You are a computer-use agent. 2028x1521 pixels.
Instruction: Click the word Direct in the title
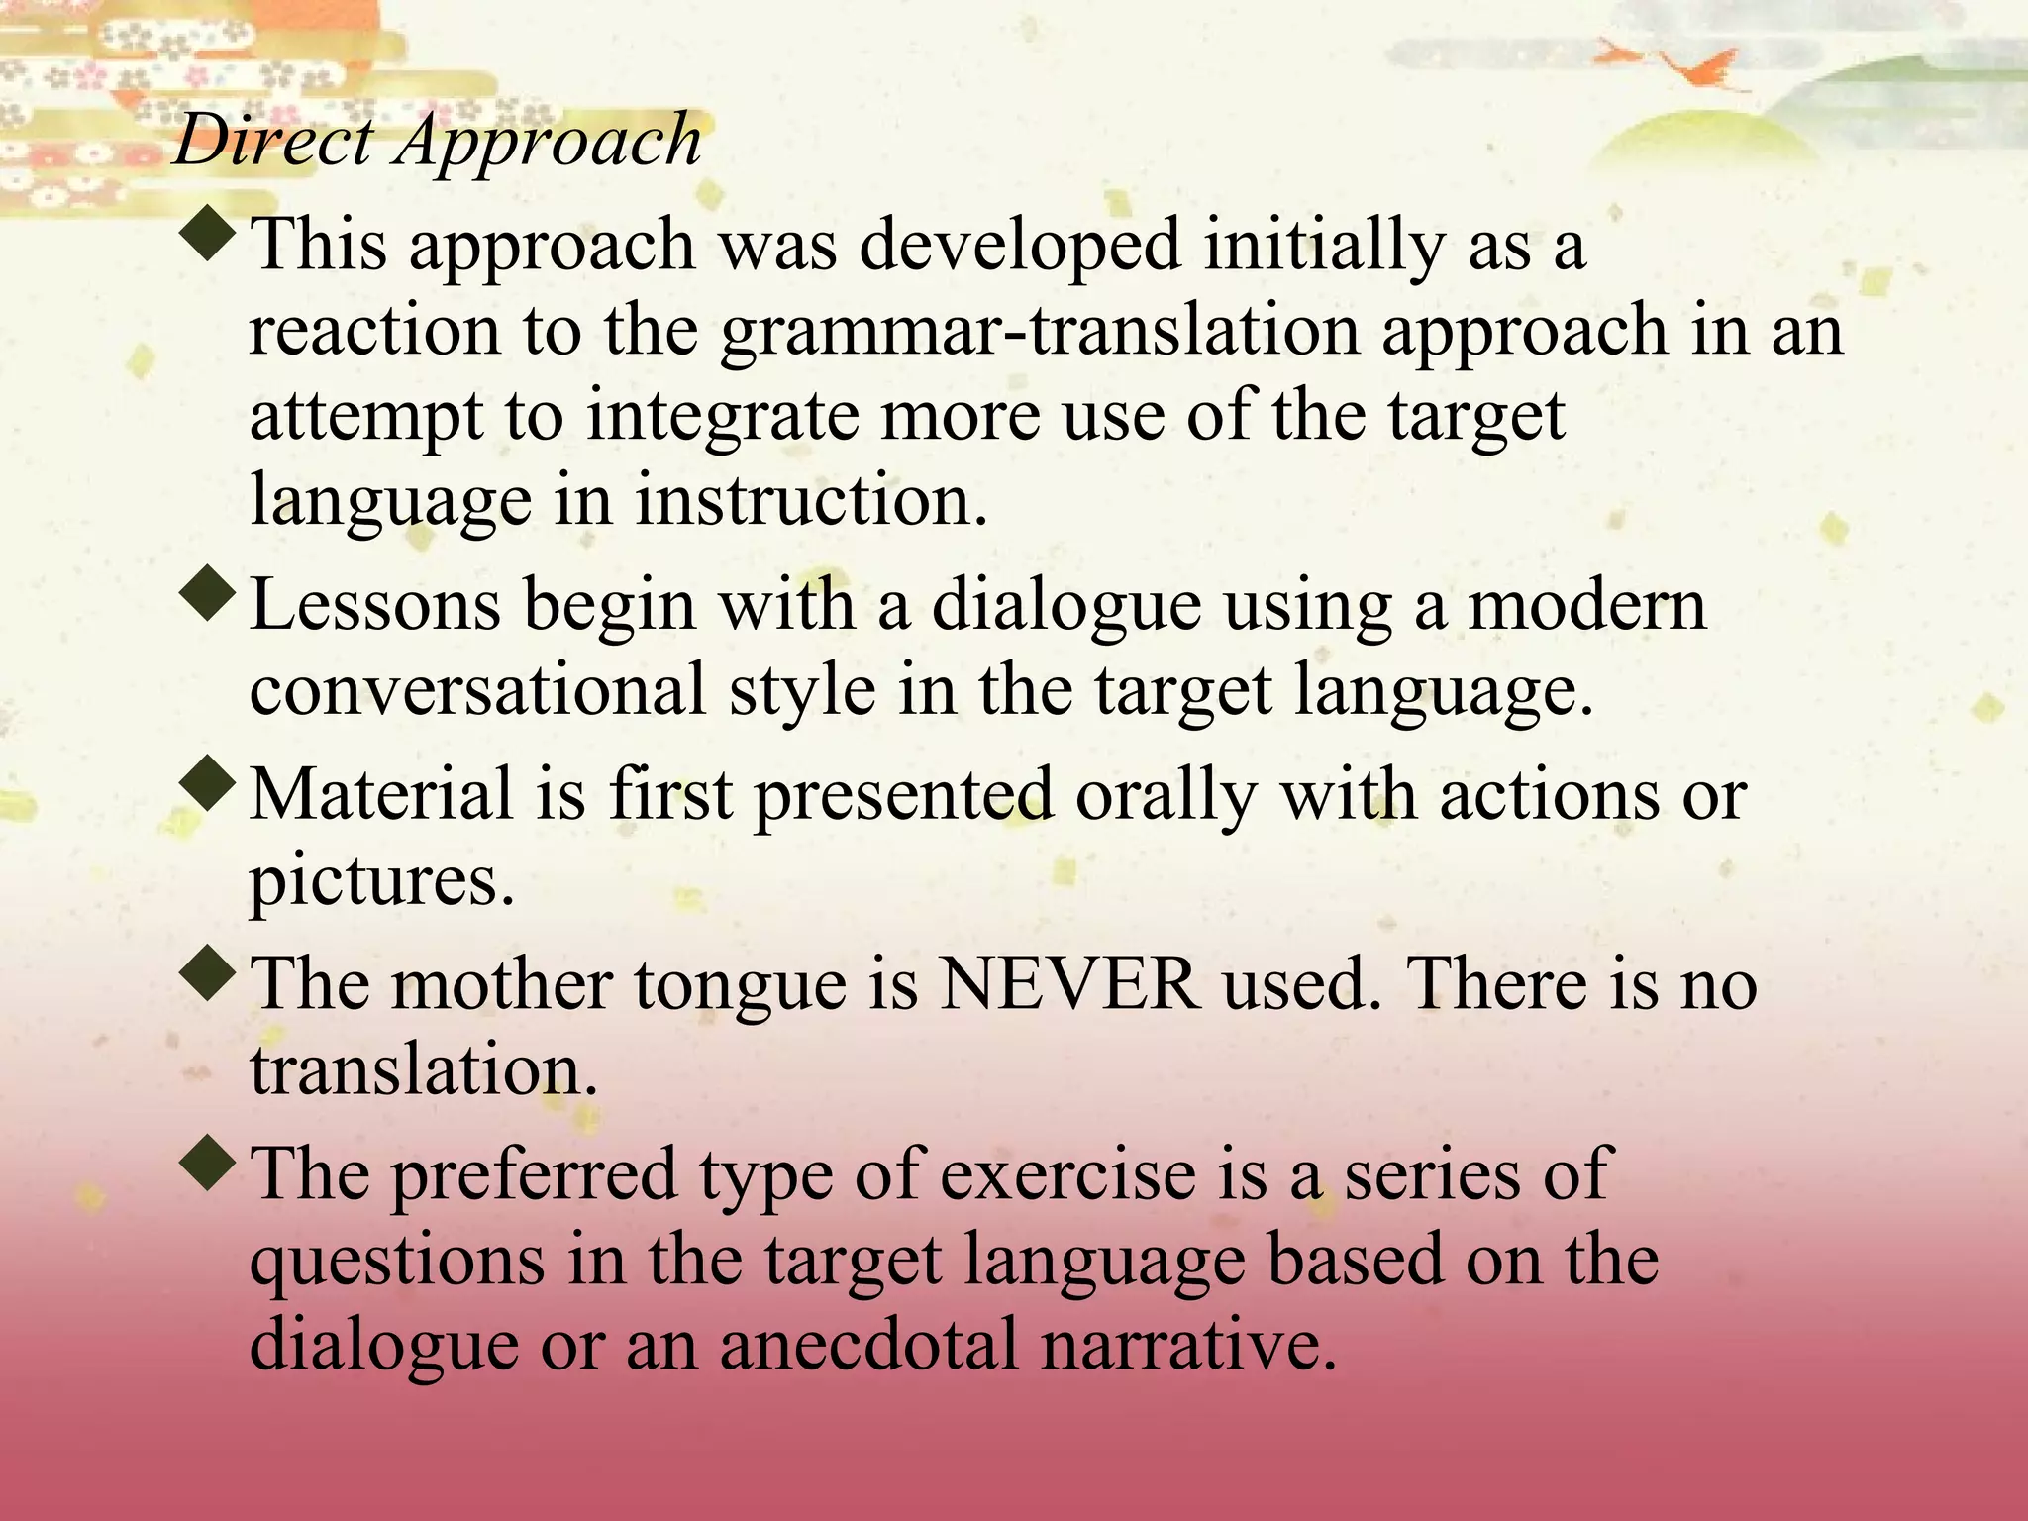273,141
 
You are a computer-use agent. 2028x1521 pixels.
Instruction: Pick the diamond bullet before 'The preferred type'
210,1163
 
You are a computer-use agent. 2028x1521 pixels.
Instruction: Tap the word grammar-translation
1039,332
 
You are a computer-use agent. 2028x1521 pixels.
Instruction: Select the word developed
1020,247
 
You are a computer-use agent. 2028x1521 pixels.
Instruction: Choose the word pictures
381,881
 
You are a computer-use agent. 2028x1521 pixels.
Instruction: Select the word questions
397,1262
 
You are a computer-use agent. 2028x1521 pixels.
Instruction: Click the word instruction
811,500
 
